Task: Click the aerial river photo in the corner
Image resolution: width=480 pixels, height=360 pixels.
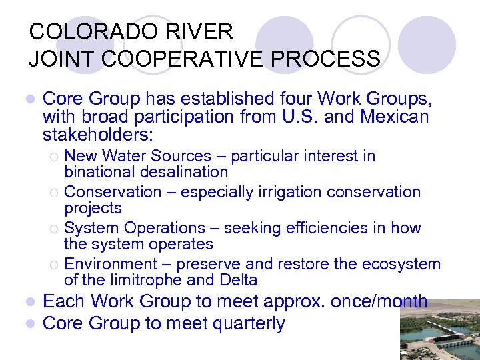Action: [x=439, y=329]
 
